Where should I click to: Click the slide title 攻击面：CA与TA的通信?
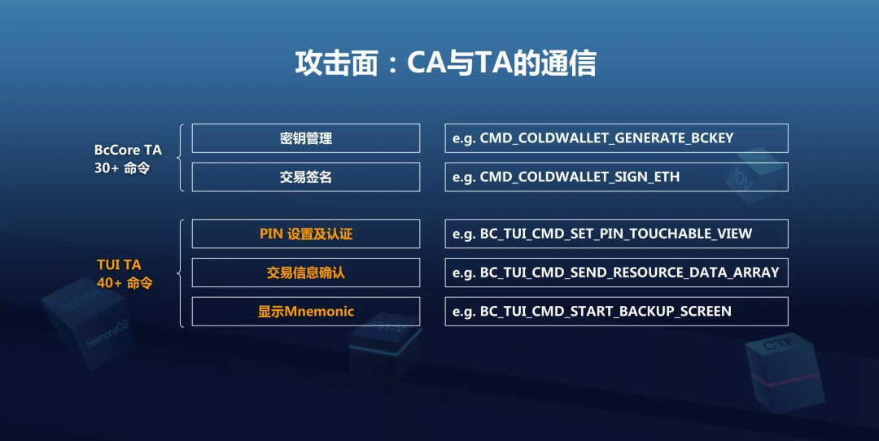click(x=446, y=63)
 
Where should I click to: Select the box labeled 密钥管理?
click(x=305, y=138)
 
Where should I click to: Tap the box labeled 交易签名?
click(x=305, y=177)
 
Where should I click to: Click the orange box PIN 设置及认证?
click(x=305, y=234)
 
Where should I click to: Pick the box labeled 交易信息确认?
click(x=305, y=273)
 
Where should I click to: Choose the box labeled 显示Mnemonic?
click(x=305, y=312)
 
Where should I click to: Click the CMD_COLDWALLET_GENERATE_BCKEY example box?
click(x=617, y=138)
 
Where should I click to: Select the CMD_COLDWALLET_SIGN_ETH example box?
click(x=617, y=177)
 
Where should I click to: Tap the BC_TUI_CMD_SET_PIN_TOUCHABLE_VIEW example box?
click(x=617, y=234)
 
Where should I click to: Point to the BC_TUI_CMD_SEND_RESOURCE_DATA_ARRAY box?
click(x=617, y=273)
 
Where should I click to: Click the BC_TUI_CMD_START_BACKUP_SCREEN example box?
click(x=617, y=312)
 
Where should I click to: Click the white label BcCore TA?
click(x=128, y=150)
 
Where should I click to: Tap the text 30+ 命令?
click(x=122, y=168)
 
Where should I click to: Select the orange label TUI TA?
click(x=119, y=264)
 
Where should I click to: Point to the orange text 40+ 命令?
click(x=125, y=283)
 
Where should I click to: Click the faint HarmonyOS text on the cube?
click(x=107, y=334)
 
